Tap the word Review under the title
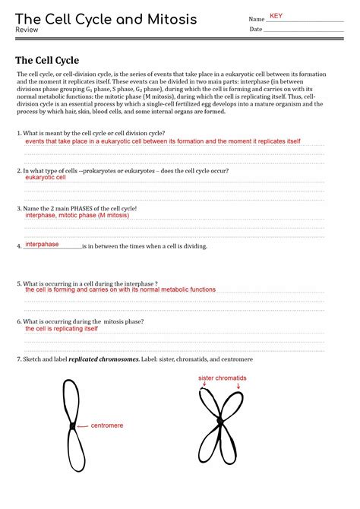coord(27,30)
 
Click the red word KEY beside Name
coord(276,16)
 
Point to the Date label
coord(255,30)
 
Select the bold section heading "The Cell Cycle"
coord(47,60)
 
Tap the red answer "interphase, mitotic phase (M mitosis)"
coord(77,215)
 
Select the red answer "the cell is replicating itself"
coord(62,329)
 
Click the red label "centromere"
coord(107,425)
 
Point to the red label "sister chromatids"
coord(223,378)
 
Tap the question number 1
coord(18,133)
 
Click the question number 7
coord(18,359)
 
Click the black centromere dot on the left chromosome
coord(72,426)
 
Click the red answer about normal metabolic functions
coord(120,289)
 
